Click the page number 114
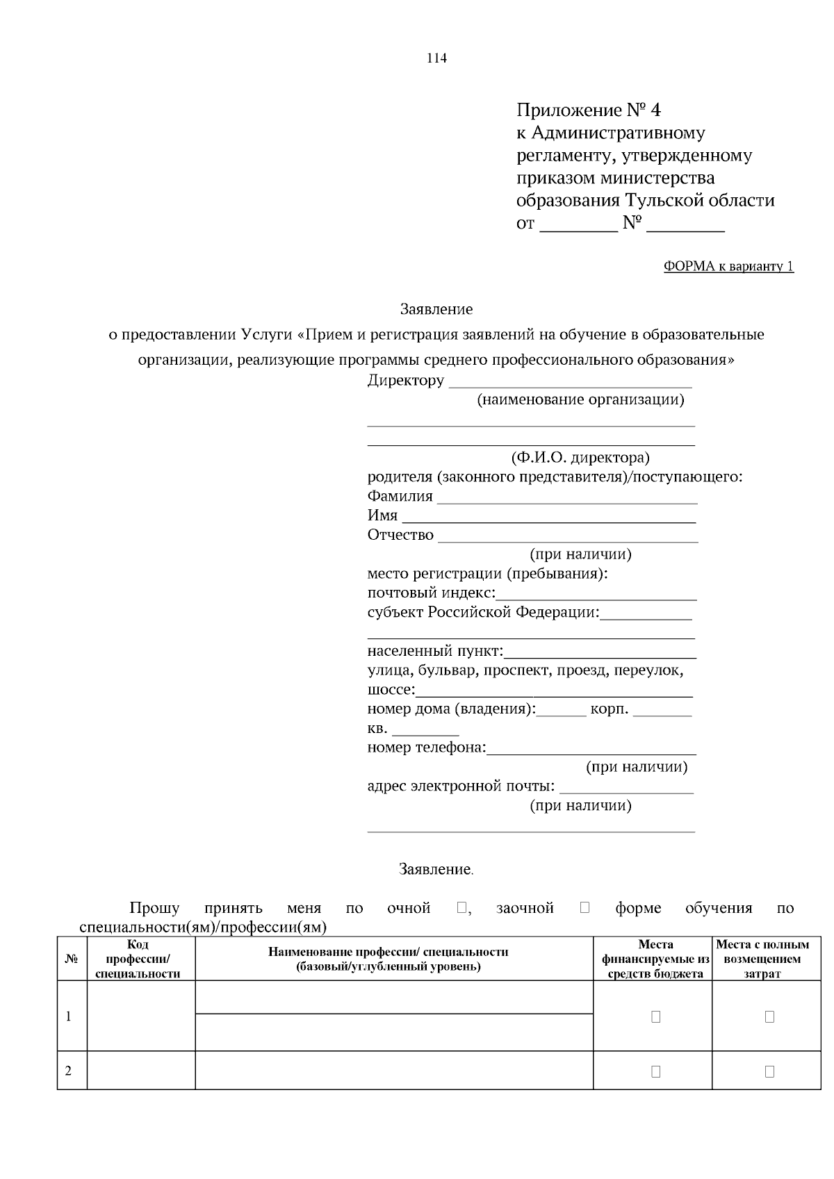(436, 58)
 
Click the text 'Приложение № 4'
(589, 110)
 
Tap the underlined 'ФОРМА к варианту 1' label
(728, 266)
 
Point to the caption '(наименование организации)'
(580, 399)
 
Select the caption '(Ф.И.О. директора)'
(580, 458)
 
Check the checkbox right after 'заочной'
(584, 907)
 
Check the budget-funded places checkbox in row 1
(655, 1016)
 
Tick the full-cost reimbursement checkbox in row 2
(769, 1071)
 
